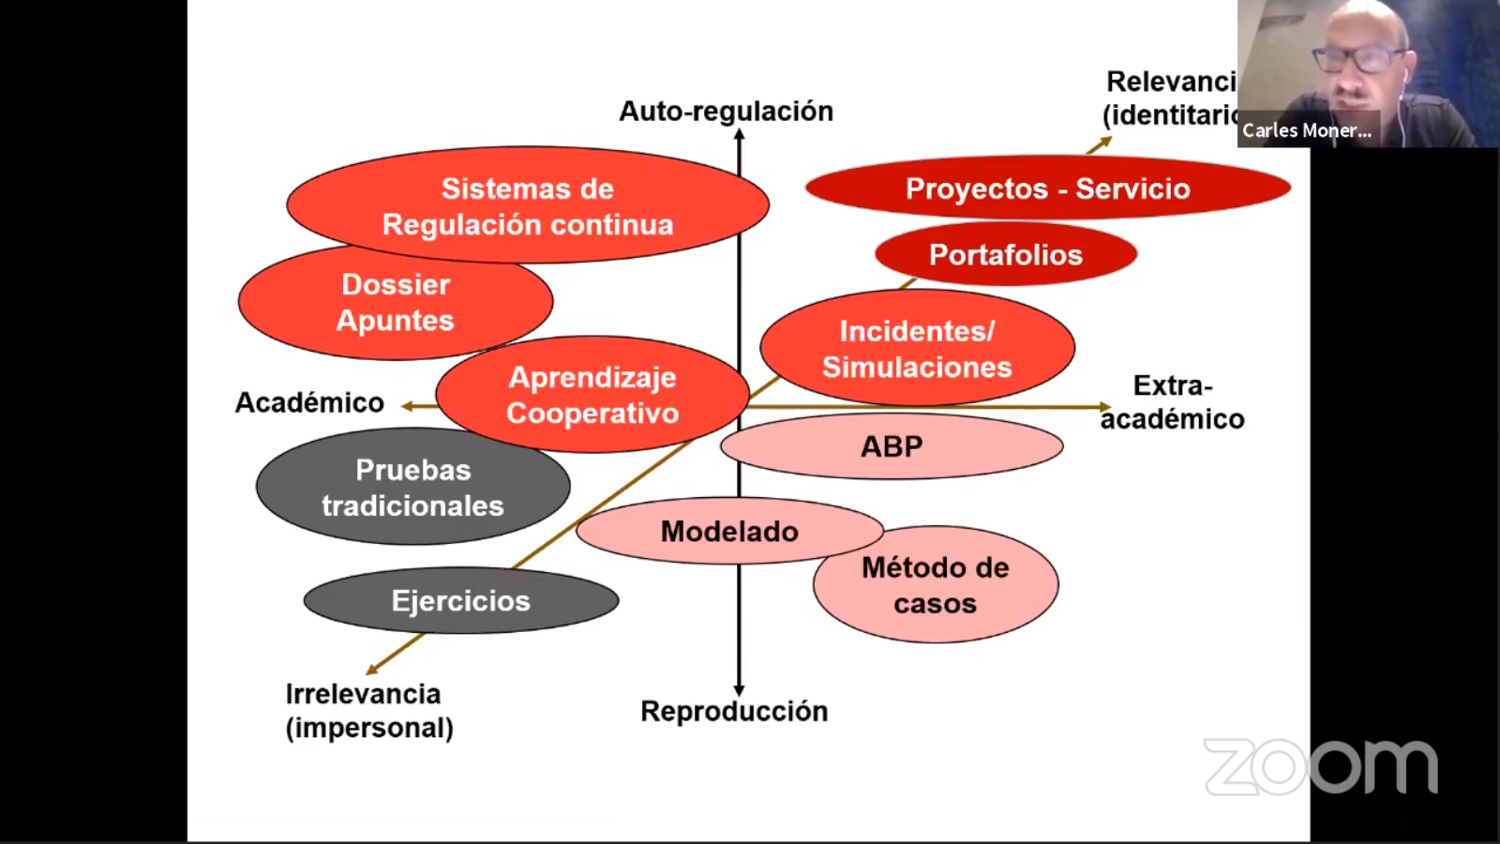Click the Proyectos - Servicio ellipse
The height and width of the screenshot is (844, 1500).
click(x=1047, y=188)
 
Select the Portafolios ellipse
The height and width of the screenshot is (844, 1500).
click(x=1006, y=255)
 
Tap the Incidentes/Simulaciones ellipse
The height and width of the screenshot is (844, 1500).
click(x=917, y=349)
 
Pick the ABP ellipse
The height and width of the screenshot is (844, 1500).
click(x=892, y=446)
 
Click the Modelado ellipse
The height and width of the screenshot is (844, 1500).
click(x=729, y=532)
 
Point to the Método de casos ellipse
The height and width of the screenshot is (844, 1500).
click(x=936, y=586)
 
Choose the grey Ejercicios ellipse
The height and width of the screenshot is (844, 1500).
click(x=460, y=601)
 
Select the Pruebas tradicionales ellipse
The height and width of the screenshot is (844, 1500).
click(x=412, y=488)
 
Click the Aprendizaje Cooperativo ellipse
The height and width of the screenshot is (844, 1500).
click(x=592, y=395)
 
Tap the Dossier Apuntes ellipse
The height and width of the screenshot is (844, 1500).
click(x=395, y=303)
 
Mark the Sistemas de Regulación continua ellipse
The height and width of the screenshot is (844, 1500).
click(x=528, y=206)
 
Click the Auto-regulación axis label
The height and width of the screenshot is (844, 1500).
click(x=726, y=112)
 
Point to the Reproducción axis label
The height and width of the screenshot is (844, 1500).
click(x=734, y=712)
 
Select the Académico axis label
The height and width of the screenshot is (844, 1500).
click(x=309, y=403)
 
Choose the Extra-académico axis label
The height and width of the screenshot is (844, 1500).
click(x=1172, y=402)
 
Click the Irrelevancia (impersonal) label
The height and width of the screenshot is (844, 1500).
click(x=368, y=711)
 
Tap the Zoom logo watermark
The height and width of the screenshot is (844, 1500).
click(x=1320, y=766)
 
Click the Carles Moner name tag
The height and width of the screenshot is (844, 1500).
click(x=1307, y=130)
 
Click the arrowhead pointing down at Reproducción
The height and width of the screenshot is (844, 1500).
click(x=739, y=690)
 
